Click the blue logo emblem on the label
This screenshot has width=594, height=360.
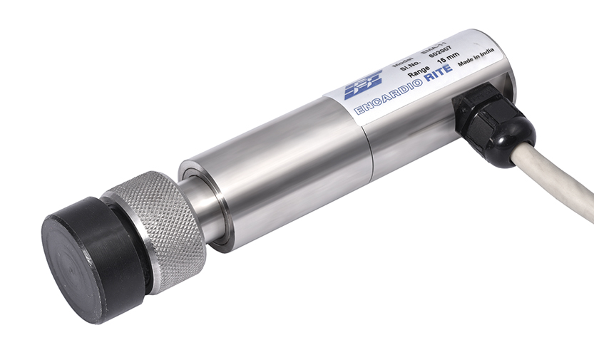[x=363, y=86]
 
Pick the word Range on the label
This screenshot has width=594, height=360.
[x=418, y=73]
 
